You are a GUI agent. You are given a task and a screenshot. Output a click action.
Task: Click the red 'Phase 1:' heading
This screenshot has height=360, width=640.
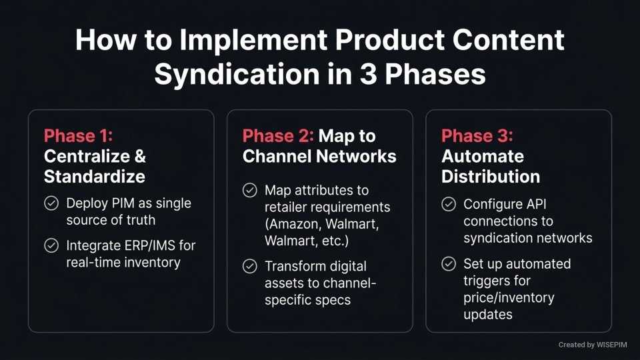click(x=78, y=136)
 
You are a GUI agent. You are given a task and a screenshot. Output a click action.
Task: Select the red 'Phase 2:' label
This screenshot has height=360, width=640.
click(x=277, y=136)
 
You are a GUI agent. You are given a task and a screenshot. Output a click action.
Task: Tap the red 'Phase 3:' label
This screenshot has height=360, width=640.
click(x=476, y=136)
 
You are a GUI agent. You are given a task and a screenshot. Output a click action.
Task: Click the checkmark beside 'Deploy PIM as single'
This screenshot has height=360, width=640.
click(x=51, y=203)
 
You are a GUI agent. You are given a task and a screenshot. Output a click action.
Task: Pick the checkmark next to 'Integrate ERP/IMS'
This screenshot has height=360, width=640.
click(x=51, y=245)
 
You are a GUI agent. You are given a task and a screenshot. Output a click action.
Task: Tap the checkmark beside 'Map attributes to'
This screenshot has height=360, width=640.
click(x=249, y=191)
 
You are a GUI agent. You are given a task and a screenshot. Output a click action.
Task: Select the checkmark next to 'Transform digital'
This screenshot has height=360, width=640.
click(x=249, y=266)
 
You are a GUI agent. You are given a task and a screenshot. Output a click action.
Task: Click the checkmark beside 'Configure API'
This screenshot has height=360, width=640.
click(x=449, y=204)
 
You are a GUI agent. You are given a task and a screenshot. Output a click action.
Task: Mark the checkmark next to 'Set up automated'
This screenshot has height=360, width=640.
click(x=449, y=264)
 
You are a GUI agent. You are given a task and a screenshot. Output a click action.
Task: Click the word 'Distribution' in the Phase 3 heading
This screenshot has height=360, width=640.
click(x=490, y=177)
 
